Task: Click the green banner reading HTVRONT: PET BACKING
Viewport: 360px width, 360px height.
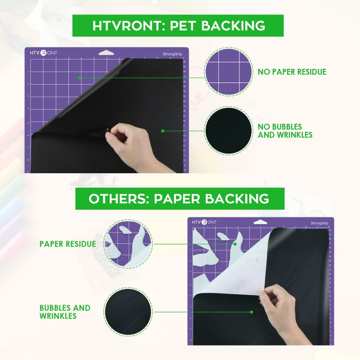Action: pos(178,26)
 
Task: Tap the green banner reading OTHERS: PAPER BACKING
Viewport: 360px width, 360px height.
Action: pos(180,198)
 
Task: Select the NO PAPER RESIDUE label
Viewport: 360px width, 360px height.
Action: pos(292,72)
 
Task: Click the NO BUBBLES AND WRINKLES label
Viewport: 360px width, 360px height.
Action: pos(285,131)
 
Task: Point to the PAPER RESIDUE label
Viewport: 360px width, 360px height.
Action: pos(67,244)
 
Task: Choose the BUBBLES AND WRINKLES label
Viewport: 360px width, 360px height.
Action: pos(65,312)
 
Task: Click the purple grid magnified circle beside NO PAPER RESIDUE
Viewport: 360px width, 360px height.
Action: pos(228,72)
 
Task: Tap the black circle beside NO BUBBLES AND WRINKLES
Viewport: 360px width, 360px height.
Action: pos(228,131)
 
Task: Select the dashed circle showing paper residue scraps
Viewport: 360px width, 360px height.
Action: pos(128,244)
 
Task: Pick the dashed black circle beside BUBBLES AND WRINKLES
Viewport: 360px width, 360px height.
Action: pos(128,312)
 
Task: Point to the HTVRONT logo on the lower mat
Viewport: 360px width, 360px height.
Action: pos(204,222)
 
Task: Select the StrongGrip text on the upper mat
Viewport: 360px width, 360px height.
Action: pos(173,54)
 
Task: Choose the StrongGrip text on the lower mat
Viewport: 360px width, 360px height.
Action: pos(319,223)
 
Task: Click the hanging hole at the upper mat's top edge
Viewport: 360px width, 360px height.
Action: pos(106,52)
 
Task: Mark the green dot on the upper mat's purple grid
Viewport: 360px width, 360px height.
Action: pos(79,77)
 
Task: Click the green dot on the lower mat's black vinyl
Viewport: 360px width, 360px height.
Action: pos(252,311)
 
